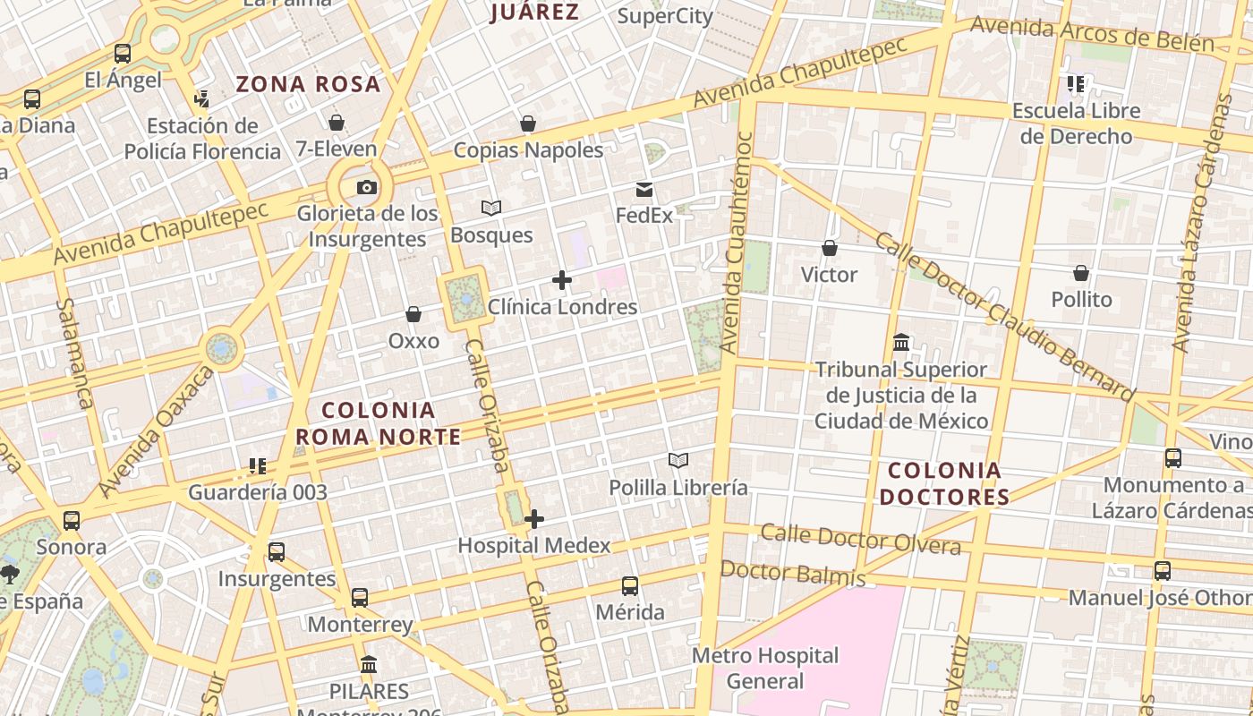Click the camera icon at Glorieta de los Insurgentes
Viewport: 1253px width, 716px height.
pos(366,188)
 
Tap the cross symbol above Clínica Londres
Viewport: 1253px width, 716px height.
pos(562,281)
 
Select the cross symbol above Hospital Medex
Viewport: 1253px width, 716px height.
pos(534,519)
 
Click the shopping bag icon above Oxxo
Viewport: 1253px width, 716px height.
pos(413,314)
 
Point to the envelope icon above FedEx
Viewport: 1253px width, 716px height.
pos(644,190)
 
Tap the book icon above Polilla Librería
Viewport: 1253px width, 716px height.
pos(678,461)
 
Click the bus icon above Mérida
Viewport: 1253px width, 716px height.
pos(630,586)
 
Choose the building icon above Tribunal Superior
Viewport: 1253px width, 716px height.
pos(901,343)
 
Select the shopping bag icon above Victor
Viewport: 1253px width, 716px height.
pos(830,248)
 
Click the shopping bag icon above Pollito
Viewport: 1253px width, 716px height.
pos(1081,273)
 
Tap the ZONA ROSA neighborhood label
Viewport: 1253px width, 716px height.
pos(308,85)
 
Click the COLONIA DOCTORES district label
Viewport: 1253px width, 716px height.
pos(945,483)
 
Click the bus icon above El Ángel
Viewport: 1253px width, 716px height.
pos(123,54)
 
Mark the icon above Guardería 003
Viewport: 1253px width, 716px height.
pos(258,465)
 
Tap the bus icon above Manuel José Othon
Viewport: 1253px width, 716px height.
pos(1162,570)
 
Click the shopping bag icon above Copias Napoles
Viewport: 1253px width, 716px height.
pos(528,124)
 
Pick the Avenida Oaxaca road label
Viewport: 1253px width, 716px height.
pos(156,431)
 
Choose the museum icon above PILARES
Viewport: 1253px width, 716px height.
pos(369,665)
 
